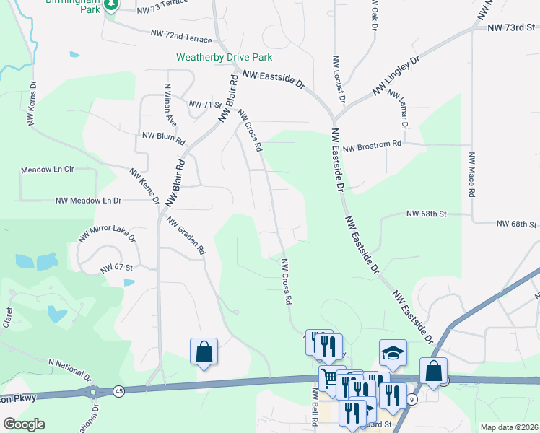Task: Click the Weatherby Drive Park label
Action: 225,57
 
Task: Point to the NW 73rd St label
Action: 513,27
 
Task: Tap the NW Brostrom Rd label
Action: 372,146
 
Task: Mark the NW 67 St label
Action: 118,268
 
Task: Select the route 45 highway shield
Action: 118,391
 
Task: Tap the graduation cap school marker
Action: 393,352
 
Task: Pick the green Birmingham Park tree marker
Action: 110,6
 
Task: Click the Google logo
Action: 24,424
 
